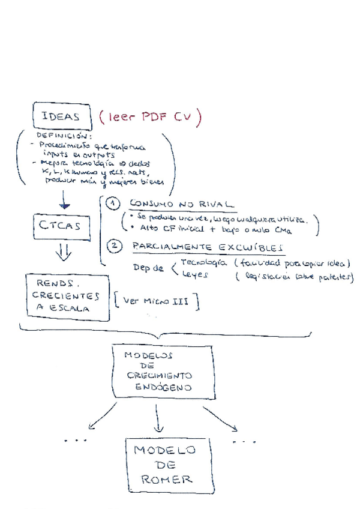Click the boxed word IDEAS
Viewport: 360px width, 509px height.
[x=61, y=117]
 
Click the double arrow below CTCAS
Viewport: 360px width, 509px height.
[x=63, y=253]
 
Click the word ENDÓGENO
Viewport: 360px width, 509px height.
[x=164, y=387]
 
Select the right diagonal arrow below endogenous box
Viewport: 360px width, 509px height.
[x=218, y=417]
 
